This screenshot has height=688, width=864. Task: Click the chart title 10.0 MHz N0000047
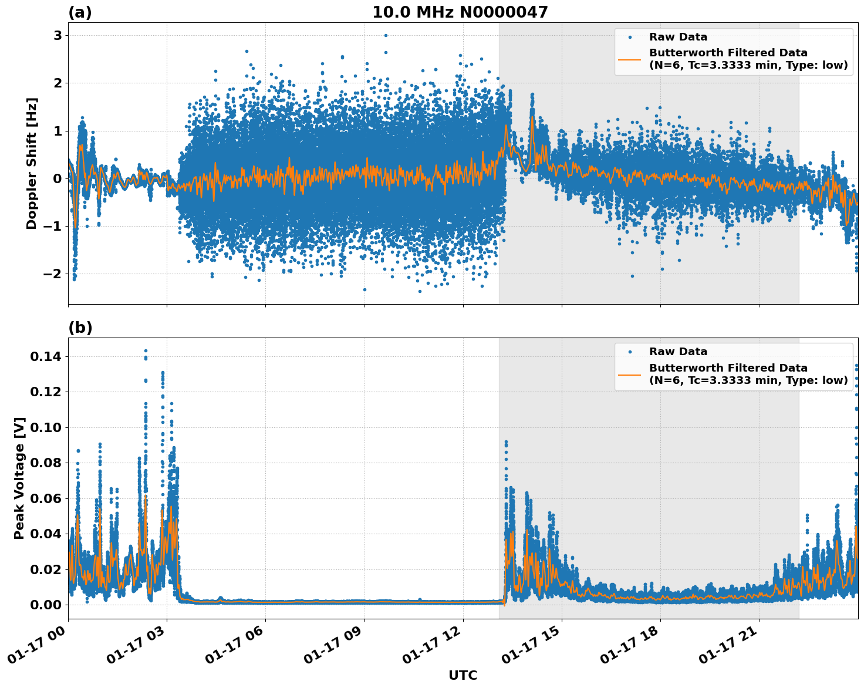pos(460,12)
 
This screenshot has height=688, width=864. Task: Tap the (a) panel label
pos(80,12)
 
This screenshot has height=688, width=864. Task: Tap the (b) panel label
pos(80,328)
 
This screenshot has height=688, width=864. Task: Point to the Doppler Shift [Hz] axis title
pos(32,163)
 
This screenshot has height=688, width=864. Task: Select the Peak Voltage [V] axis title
pos(19,478)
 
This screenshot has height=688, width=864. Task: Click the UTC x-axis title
pos(463,675)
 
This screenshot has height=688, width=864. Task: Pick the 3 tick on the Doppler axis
pos(58,35)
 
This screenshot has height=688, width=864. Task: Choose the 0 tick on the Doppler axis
pos(58,178)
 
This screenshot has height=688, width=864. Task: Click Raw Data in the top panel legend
pos(678,37)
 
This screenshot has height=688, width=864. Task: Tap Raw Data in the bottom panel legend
pos(678,352)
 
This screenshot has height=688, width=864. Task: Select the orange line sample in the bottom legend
pos(630,374)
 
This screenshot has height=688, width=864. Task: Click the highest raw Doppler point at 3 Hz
pos(386,35)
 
